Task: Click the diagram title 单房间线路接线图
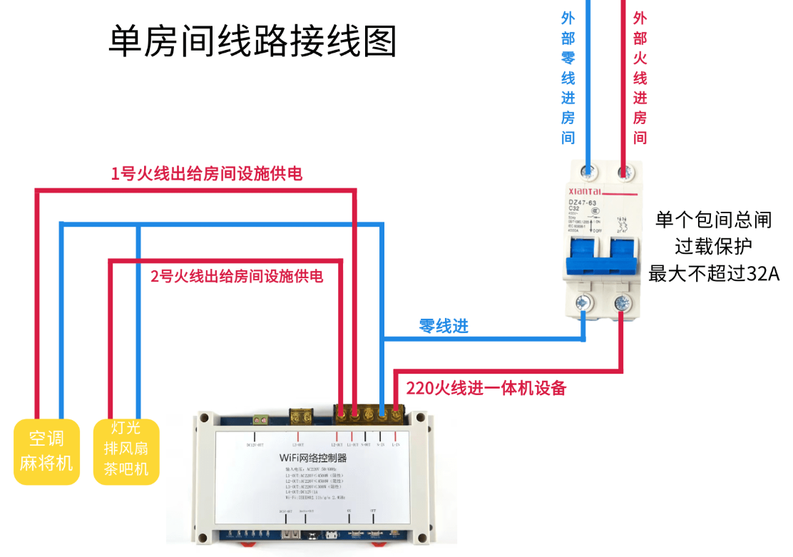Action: [252, 41]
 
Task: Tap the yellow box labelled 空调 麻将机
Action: [46, 451]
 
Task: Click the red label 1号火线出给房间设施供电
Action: [206, 173]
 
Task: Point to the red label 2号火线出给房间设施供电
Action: [237, 275]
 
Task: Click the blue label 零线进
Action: [444, 327]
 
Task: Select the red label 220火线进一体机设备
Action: [486, 389]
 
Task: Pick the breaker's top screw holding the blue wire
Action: [589, 172]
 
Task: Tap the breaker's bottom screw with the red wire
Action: [622, 302]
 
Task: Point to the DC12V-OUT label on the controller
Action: [255, 444]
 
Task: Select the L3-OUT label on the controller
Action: [298, 444]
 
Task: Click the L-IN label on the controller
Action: [396, 444]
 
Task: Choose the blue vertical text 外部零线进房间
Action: [568, 78]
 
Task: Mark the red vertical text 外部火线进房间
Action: [640, 78]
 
